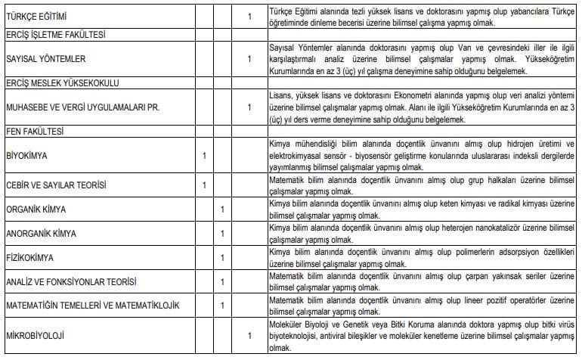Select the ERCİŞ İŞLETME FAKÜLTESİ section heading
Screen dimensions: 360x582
pyautogui.click(x=55, y=35)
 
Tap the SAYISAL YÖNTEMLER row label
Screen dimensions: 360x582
pyautogui.click(x=45, y=58)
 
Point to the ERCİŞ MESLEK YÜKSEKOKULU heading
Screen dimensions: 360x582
pyautogui.click(x=58, y=82)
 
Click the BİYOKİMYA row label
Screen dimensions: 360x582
pyautogui.click(x=27, y=156)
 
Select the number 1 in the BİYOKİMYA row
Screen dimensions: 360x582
pyautogui.click(x=204, y=156)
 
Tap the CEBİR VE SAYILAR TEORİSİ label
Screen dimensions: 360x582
pyautogui.click(x=56, y=185)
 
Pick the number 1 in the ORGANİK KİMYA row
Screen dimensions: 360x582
pyautogui.click(x=222, y=209)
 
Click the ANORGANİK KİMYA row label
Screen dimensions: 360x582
pyautogui.click(x=41, y=234)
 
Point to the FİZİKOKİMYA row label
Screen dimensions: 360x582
pyautogui.click(x=29, y=258)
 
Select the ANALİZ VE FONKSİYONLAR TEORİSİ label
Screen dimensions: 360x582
pyautogui.click(x=71, y=282)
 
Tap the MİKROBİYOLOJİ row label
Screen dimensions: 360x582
pyautogui.click(x=34, y=335)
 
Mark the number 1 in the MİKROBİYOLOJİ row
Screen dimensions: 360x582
pyautogui.click(x=249, y=335)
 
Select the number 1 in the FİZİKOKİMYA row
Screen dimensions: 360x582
pyautogui.click(x=222, y=258)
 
